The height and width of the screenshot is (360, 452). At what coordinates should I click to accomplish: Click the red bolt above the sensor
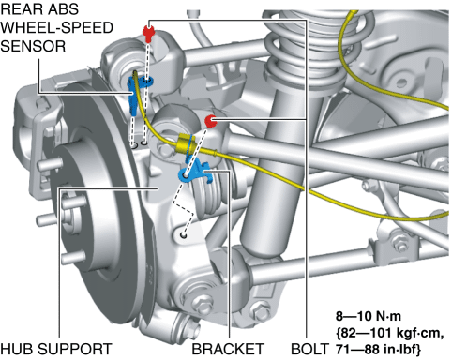[x=148, y=33]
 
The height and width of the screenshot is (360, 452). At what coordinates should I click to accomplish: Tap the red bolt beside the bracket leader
[x=211, y=121]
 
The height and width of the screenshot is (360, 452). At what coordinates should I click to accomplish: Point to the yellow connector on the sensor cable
[x=185, y=143]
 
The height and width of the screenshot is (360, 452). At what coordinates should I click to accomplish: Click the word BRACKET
[x=228, y=349]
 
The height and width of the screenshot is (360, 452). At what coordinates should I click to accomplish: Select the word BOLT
[x=309, y=349]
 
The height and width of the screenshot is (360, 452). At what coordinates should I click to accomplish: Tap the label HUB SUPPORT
[x=56, y=349]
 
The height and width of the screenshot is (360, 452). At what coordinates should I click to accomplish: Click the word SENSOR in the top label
[x=33, y=46]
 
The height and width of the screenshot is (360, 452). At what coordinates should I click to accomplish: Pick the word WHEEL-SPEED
[x=56, y=27]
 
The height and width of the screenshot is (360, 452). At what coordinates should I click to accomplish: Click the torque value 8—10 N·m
[x=369, y=316]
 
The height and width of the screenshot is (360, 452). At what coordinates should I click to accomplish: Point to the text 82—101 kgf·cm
[x=389, y=333]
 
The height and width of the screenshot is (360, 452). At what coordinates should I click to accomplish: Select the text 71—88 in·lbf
[x=378, y=350]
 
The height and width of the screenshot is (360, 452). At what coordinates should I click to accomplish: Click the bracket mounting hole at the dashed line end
[x=184, y=234]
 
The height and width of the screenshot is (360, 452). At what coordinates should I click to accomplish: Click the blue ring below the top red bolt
[x=147, y=82]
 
